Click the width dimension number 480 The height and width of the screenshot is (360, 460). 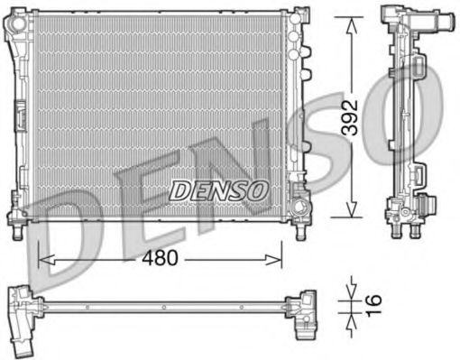[161, 258]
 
